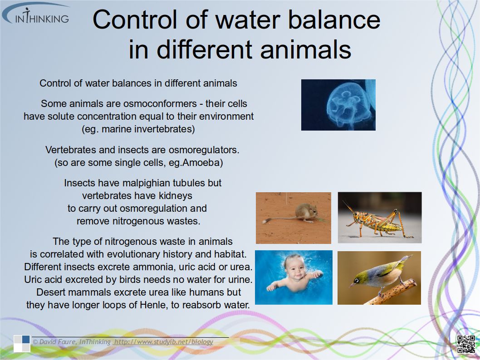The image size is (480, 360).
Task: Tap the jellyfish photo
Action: pos(338,105)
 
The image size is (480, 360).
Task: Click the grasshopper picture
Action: pos(380,218)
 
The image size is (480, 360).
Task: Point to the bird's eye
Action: pos(356,280)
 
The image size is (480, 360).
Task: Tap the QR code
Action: pos(466,344)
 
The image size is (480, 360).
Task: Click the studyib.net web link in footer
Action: pos(163,342)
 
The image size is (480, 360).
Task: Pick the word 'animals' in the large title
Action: pos(305,49)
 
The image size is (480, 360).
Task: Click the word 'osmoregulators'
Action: pos(202,150)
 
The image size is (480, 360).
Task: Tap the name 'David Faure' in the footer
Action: pos(58,342)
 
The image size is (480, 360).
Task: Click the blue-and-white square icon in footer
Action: pos(22,344)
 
